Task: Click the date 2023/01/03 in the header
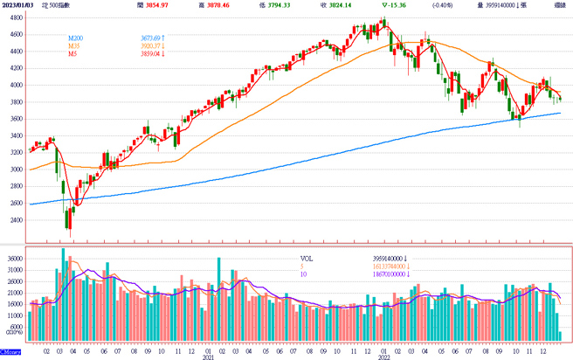pos(19,5)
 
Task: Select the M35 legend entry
pos(76,46)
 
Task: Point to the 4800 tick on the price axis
pos(16,34)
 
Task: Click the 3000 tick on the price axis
pos(16,170)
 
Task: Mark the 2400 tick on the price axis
pos(16,220)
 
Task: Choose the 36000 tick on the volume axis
pos(14,259)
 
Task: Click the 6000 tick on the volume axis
pos(16,324)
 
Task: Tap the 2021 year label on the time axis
pos(208,357)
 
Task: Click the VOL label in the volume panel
pos(306,260)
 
